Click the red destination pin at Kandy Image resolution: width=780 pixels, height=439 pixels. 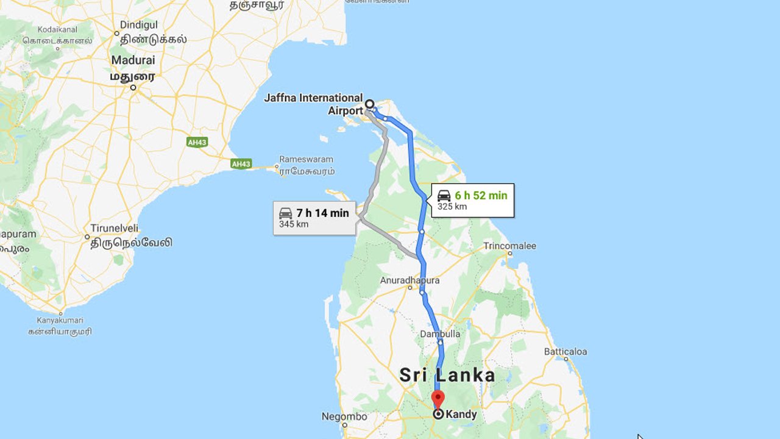(438, 399)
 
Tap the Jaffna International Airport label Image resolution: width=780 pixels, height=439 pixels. (313, 104)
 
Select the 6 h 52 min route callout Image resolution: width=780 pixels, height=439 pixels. (473, 200)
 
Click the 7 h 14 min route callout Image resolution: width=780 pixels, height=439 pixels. (314, 218)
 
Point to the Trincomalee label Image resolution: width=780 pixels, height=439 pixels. (509, 246)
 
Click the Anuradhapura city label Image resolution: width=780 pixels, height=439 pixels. (409, 280)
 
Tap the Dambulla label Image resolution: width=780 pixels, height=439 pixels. (440, 334)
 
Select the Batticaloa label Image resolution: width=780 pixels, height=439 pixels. (565, 351)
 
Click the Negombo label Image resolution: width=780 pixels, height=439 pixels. (344, 417)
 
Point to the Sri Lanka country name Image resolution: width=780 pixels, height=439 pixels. (447, 375)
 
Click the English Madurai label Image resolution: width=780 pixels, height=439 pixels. (133, 60)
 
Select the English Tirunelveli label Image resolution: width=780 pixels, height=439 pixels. (115, 228)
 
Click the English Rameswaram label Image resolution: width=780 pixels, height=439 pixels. (307, 159)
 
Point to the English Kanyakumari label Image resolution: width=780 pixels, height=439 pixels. (60, 320)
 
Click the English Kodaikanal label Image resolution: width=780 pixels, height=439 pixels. (57, 29)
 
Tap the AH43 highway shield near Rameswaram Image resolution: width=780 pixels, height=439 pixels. (241, 164)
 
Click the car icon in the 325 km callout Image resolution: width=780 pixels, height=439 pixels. (444, 196)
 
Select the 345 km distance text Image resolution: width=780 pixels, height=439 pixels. (294, 224)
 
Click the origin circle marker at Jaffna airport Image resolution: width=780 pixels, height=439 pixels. (369, 104)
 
